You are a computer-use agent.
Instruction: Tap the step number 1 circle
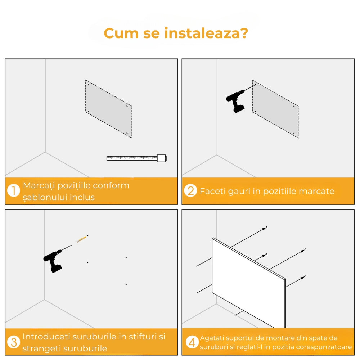[x=14, y=191]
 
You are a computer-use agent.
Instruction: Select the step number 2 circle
[x=190, y=191]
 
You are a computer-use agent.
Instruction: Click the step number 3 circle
[x=14, y=342]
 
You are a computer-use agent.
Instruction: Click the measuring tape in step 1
[x=137, y=158]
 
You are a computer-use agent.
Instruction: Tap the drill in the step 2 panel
[x=236, y=101]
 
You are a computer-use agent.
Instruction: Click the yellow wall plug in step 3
[x=82, y=238]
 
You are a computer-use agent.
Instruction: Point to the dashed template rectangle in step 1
[x=108, y=109]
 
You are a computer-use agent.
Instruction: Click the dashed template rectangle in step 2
[x=275, y=109]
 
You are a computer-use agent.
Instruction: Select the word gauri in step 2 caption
[x=239, y=191]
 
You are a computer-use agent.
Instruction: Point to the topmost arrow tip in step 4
[x=266, y=228]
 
